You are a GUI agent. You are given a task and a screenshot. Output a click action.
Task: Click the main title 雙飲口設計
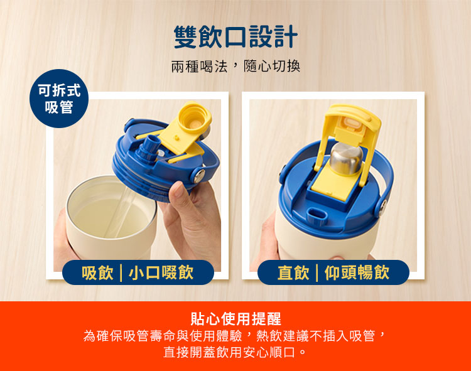click(x=235, y=36)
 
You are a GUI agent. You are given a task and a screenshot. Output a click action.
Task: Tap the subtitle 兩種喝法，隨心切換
click(x=235, y=67)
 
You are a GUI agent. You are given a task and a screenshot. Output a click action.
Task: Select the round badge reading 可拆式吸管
click(x=59, y=99)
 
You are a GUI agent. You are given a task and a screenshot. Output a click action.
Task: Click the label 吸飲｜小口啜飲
click(x=138, y=272)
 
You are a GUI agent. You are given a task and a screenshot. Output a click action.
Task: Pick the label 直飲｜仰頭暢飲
click(x=333, y=272)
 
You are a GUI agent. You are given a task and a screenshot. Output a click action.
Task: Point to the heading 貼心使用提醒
click(x=235, y=319)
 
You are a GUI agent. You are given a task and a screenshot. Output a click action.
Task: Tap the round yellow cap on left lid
click(x=194, y=117)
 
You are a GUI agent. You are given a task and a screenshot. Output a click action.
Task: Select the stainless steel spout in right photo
click(x=346, y=158)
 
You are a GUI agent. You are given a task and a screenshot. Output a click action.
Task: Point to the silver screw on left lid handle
click(x=199, y=176)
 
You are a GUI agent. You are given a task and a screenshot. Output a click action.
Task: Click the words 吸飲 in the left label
click(x=97, y=272)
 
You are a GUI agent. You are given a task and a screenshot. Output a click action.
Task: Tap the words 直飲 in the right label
click(x=293, y=272)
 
